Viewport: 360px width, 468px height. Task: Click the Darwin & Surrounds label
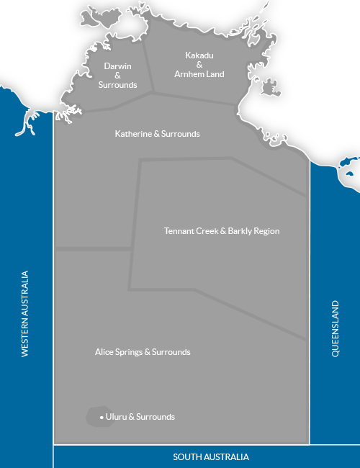click(117, 76)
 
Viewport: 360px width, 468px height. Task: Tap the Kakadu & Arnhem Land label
click(199, 65)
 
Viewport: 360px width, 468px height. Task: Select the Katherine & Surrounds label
click(158, 134)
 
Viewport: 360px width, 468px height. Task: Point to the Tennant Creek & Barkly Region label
click(222, 231)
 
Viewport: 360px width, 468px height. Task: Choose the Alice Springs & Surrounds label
click(143, 352)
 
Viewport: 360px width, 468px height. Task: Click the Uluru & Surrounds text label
click(140, 417)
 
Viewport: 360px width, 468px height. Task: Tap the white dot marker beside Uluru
click(102, 418)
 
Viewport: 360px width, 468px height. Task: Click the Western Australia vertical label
click(25, 313)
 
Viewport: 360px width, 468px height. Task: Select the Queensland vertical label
click(335, 328)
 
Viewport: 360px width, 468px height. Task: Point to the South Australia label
click(211, 457)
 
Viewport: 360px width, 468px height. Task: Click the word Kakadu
click(199, 55)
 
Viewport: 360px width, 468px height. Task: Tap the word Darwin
click(117, 66)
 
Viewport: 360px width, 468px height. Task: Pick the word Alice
click(105, 352)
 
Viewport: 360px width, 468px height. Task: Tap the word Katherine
click(135, 134)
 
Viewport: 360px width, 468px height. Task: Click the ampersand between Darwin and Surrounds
click(117, 76)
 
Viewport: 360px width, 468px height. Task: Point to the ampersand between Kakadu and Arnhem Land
click(199, 65)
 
